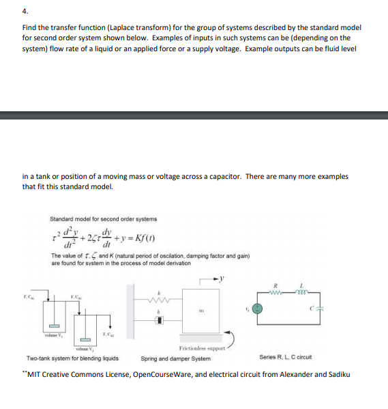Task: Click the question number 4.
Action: tap(25, 10)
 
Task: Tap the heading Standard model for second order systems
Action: tap(103, 218)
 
